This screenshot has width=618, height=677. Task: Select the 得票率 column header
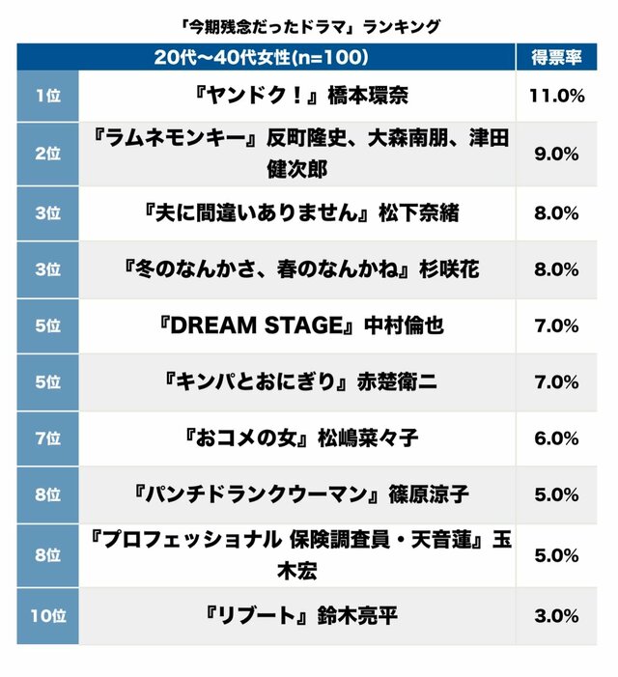click(555, 57)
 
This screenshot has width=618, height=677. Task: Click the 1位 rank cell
click(46, 97)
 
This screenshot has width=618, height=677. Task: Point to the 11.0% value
click(555, 97)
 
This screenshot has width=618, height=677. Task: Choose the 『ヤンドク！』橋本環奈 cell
click(296, 97)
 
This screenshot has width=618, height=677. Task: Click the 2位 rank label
click(46, 153)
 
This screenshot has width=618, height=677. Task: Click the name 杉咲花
click(450, 269)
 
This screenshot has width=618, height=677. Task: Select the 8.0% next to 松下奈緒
click(555, 213)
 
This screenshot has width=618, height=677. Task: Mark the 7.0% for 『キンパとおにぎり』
click(555, 382)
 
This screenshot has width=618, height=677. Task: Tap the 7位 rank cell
click(46, 438)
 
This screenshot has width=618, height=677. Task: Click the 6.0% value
click(555, 438)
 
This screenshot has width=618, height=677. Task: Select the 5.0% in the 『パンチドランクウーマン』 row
click(555, 495)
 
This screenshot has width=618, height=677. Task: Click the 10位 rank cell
click(46, 616)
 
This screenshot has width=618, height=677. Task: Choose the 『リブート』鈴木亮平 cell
click(296, 616)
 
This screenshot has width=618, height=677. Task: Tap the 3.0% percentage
click(555, 616)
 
